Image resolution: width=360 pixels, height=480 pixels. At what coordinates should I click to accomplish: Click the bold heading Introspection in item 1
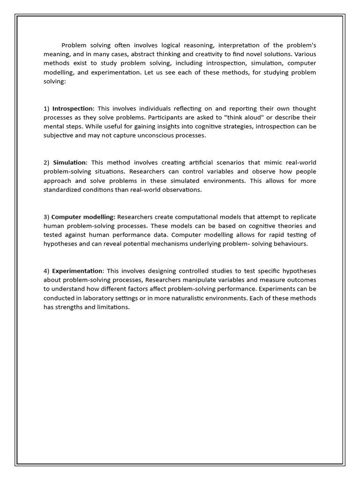click(73, 108)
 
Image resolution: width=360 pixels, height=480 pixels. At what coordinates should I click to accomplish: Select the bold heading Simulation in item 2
click(70, 163)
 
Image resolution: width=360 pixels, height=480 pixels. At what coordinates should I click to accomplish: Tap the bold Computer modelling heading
click(83, 217)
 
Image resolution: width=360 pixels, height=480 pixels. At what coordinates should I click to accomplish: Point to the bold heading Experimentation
click(77, 271)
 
